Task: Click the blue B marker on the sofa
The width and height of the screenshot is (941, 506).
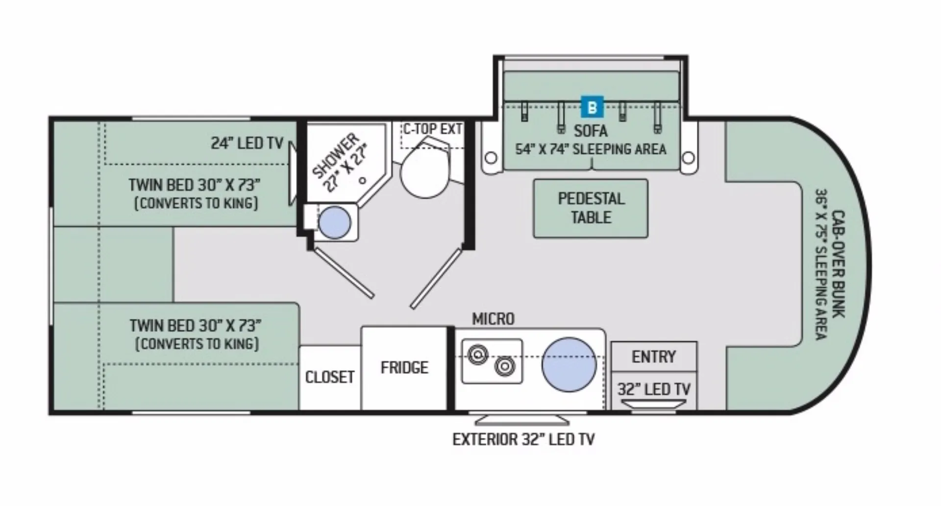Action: [592, 107]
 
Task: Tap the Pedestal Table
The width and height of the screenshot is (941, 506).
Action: [591, 208]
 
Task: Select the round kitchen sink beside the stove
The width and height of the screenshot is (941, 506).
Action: [569, 364]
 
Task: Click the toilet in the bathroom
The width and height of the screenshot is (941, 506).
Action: [425, 167]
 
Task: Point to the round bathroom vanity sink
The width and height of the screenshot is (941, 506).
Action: [335, 222]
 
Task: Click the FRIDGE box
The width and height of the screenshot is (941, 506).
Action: [404, 368]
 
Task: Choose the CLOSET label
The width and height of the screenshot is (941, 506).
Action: [330, 377]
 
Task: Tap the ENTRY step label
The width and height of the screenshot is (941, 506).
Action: [654, 357]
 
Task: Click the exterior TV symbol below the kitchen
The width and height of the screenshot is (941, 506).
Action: [522, 420]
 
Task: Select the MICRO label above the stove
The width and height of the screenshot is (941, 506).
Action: [493, 319]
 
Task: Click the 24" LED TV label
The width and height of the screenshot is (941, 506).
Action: [247, 143]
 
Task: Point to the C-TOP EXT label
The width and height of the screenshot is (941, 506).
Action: [432, 129]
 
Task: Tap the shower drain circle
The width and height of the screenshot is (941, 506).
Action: [362, 180]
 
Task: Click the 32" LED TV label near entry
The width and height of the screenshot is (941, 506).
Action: [654, 389]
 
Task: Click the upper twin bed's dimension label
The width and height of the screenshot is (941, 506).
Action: [195, 185]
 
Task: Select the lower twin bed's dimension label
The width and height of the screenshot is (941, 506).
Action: [195, 325]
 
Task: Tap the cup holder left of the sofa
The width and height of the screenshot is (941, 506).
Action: [491, 158]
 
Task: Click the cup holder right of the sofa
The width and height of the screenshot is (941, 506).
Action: [688, 158]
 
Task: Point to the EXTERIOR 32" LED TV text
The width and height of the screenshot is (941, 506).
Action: [523, 439]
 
